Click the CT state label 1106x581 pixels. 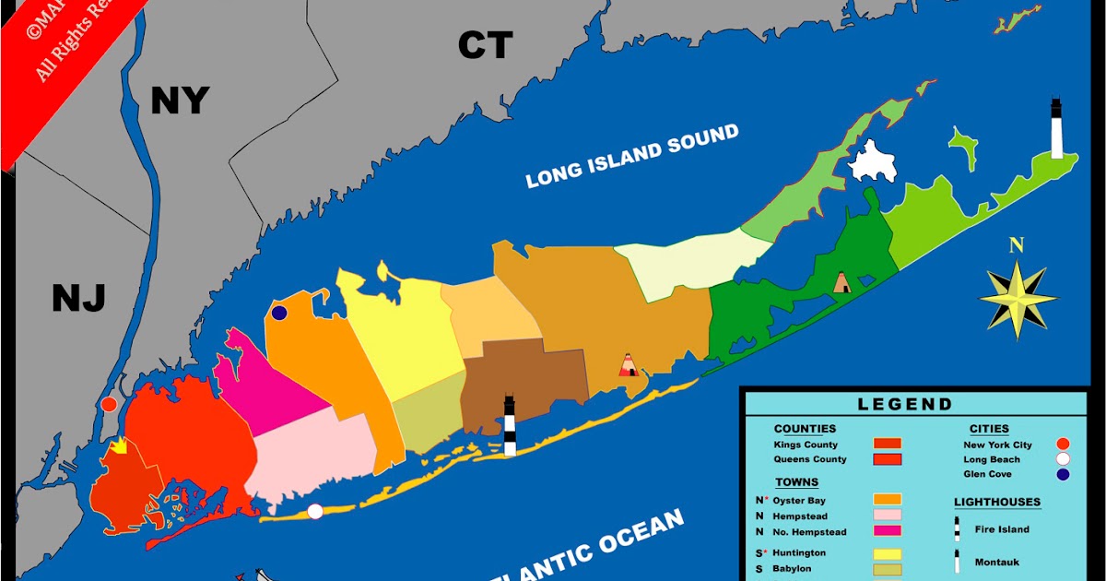click(x=485, y=44)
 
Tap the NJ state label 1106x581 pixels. click(x=78, y=298)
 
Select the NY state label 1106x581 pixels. click(x=180, y=101)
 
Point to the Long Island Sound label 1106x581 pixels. click(x=632, y=156)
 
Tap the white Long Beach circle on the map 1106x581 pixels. click(x=315, y=511)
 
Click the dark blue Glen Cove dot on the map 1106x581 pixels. click(x=279, y=314)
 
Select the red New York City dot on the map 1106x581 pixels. click(x=109, y=404)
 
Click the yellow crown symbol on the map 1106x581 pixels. click(x=119, y=446)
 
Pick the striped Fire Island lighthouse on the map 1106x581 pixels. click(x=509, y=425)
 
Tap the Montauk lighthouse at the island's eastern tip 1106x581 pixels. click(x=1056, y=129)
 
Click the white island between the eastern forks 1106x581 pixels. click(x=871, y=161)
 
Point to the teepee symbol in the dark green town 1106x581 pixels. click(x=841, y=282)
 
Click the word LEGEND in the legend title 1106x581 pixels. click(x=905, y=404)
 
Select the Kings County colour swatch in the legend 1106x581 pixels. click(x=887, y=445)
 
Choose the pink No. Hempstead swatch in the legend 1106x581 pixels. click(x=887, y=532)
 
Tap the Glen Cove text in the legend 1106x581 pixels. click(x=987, y=474)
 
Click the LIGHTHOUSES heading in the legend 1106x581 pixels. click(x=996, y=503)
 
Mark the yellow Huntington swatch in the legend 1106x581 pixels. click(x=887, y=553)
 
